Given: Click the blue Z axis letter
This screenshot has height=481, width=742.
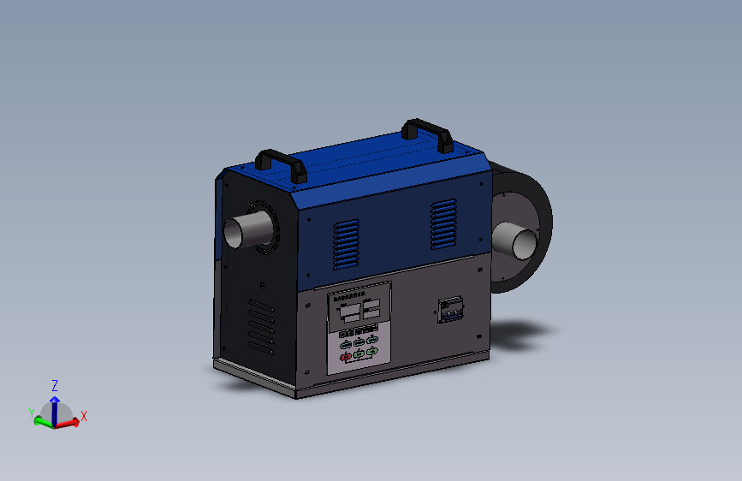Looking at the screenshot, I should [x=55, y=385].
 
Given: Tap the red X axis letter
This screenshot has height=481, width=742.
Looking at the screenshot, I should [x=84, y=417].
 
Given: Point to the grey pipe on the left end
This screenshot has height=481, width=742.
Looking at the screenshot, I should [x=244, y=230].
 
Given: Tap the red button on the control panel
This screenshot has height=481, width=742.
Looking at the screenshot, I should [x=346, y=357].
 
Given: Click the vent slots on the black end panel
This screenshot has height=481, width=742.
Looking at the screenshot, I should [x=260, y=326].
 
